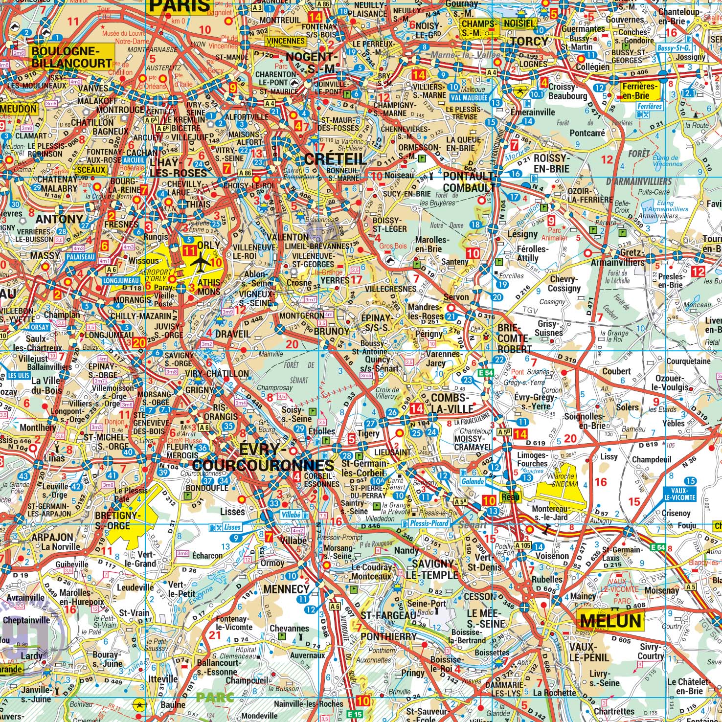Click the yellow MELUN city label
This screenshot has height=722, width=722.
click(610, 621)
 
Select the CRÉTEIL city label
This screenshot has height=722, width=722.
click(335, 158)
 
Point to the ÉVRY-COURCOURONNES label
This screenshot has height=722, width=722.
click(263, 457)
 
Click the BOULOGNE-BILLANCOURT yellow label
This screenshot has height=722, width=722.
click(72, 57)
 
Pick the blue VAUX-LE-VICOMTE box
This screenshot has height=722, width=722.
click(679, 494)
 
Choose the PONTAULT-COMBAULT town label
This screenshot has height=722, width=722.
click(469, 181)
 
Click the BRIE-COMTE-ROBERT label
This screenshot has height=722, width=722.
click(514, 338)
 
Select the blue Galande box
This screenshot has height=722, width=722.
click(472, 481)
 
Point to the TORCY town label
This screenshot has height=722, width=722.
click(529, 42)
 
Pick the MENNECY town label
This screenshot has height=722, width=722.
click(286, 589)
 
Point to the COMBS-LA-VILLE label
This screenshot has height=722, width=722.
click(452, 403)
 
